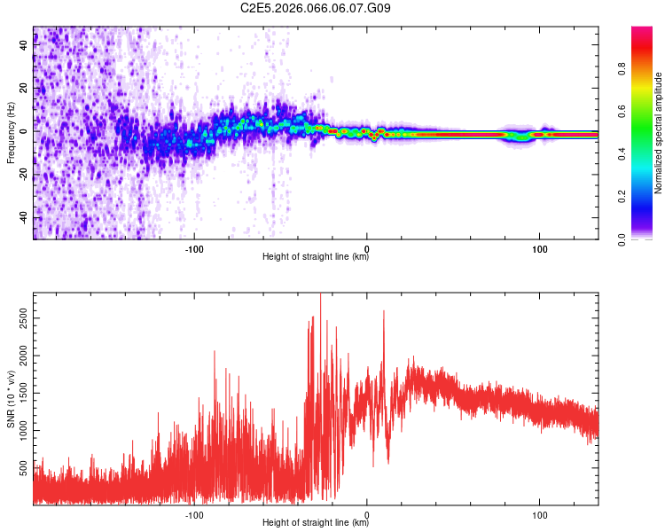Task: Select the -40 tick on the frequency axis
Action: point(22,218)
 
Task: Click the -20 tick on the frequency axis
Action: point(22,175)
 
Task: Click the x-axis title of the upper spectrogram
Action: point(316,257)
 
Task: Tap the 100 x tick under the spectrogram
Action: point(539,248)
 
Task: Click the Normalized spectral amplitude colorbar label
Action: point(658,134)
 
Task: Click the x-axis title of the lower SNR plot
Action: point(316,523)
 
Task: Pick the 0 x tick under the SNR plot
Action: point(367,514)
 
